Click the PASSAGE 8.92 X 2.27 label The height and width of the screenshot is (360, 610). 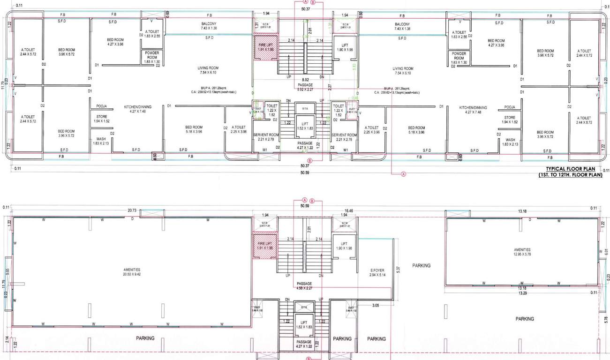tap(305, 87)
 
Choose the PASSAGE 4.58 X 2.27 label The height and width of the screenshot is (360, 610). tap(304, 286)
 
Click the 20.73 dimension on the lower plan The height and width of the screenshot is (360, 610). tap(131, 211)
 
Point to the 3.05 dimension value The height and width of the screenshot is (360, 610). tap(376, 305)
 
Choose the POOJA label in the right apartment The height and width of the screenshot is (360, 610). tap(510, 107)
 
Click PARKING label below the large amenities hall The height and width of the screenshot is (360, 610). tap(145, 338)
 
